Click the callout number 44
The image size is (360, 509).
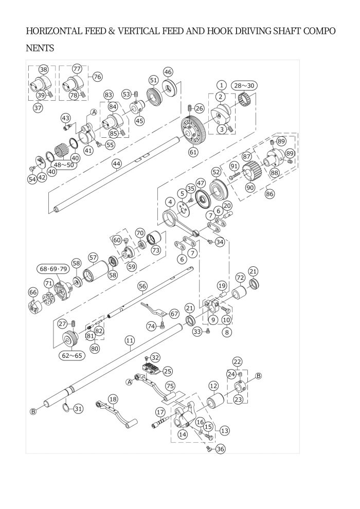[x=117, y=163]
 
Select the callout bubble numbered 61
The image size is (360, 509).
[x=193, y=152]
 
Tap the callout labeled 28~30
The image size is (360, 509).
[x=244, y=85]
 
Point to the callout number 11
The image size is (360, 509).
[x=130, y=340]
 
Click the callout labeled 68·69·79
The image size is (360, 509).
[x=53, y=269]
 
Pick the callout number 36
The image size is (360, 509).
[x=220, y=449]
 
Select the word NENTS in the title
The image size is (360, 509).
[x=40, y=49]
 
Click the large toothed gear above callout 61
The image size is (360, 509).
[x=195, y=129]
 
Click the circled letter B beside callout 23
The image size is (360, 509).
[x=258, y=376]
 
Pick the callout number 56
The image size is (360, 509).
[x=142, y=285]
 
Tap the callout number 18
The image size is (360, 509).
[x=113, y=399]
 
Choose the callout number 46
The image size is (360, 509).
[x=168, y=71]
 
